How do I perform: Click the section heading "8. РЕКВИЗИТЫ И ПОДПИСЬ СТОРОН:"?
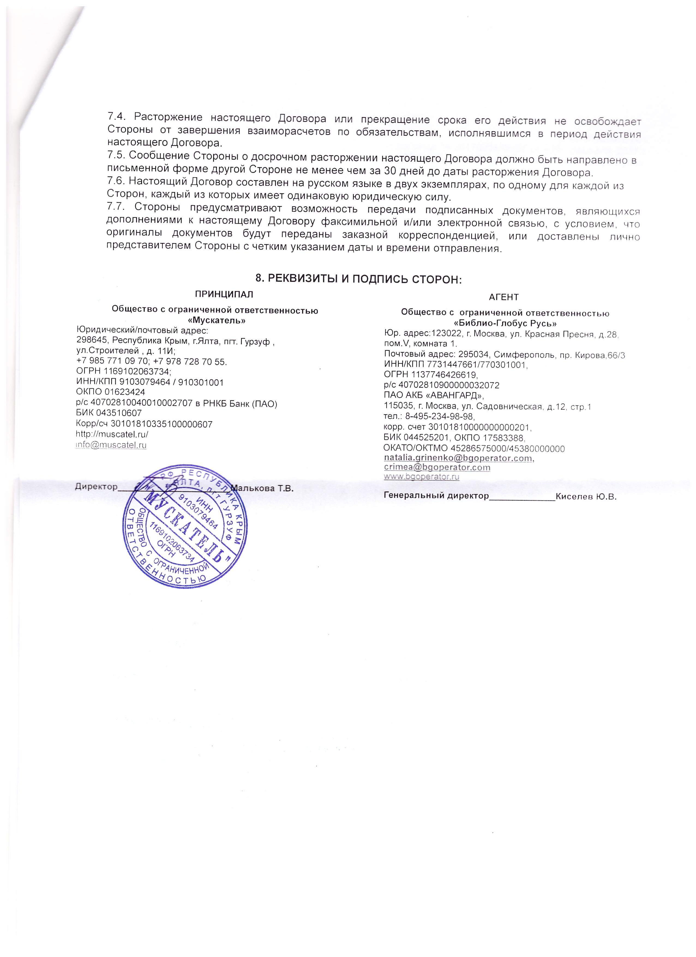coord(360,278)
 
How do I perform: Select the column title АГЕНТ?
coord(503,297)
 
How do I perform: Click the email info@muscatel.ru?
coord(111,445)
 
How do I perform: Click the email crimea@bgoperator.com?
coord(437,468)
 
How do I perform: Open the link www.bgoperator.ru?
coord(421,477)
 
